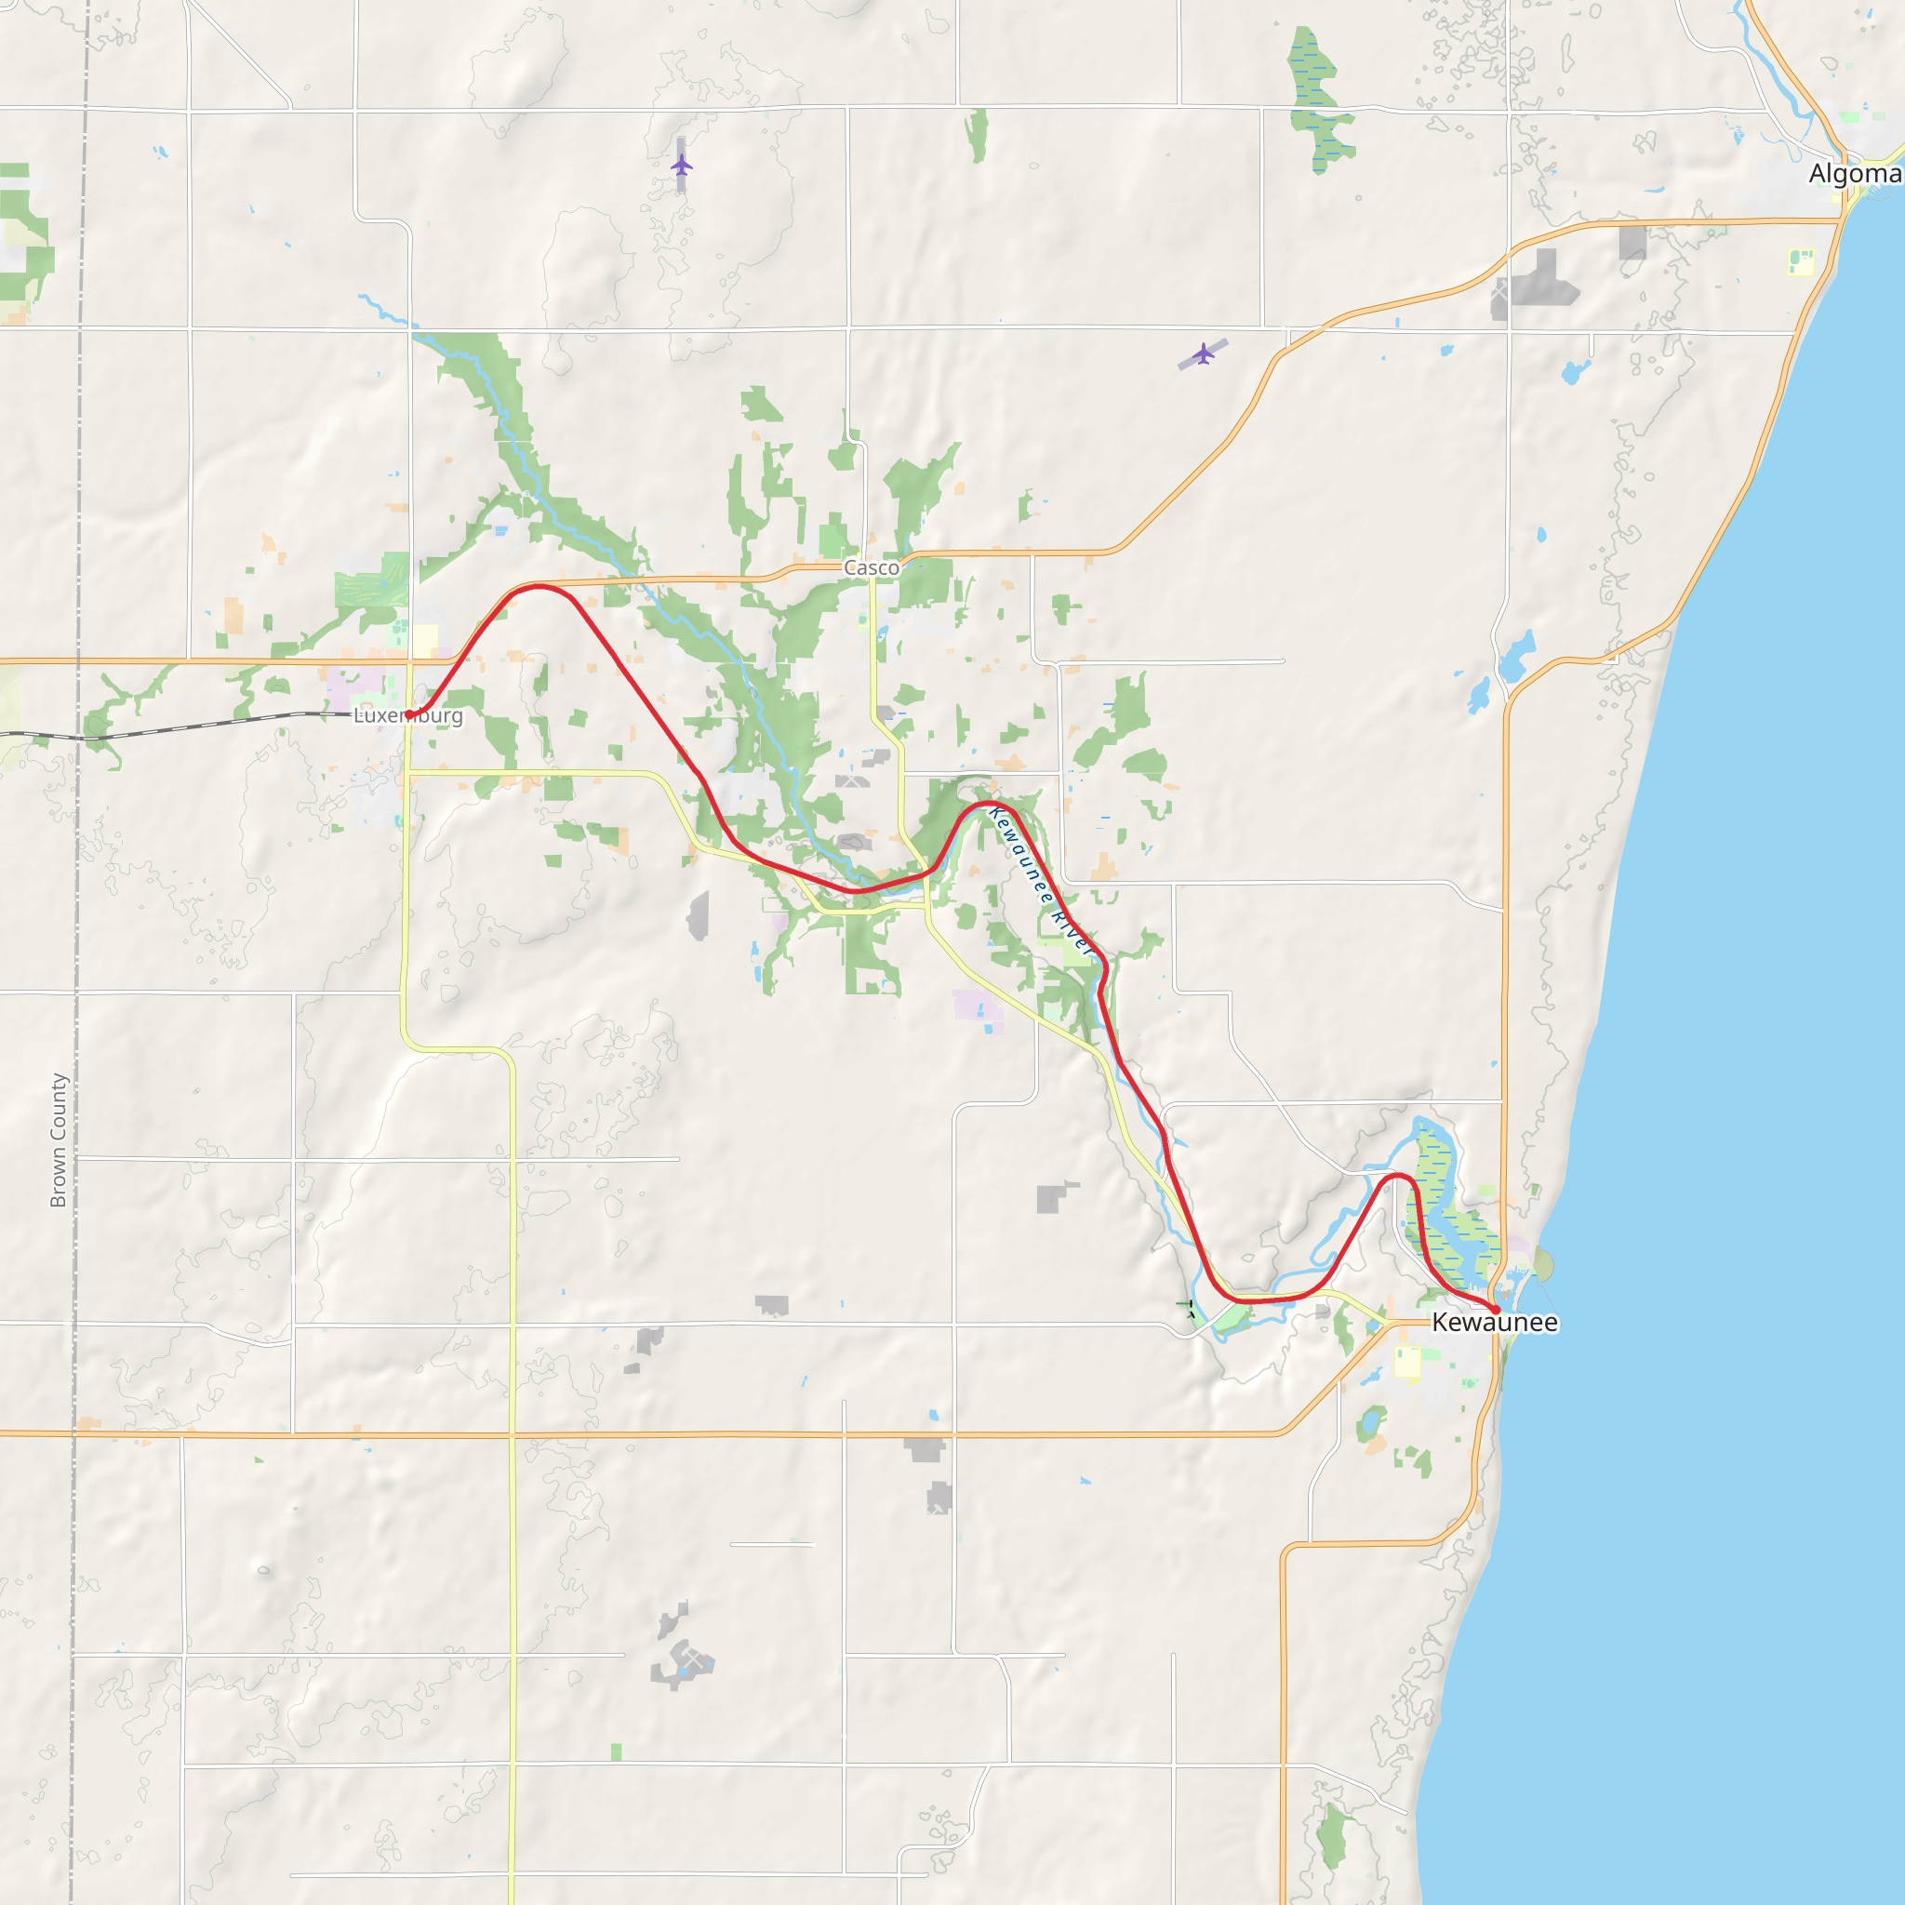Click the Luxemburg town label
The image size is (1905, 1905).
tap(408, 716)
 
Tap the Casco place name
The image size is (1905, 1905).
tap(872, 568)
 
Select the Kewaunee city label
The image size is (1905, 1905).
tap(1495, 1323)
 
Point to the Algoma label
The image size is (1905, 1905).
tap(1855, 175)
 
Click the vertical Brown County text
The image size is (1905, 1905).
tap(59, 1139)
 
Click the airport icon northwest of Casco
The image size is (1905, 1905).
tap(681, 165)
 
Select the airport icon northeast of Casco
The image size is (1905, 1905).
tap(1203, 353)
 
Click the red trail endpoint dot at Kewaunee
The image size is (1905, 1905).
tap(1496, 1310)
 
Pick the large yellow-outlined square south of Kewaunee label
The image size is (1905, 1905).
tap(1407, 1362)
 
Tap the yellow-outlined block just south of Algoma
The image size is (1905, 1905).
tap(1801, 262)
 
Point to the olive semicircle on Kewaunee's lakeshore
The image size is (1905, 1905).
tap(1543, 1266)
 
